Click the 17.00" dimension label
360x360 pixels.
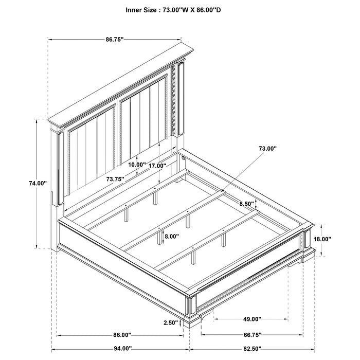[157, 166]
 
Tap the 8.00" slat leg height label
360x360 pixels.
[172, 237]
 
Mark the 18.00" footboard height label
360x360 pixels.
[322, 239]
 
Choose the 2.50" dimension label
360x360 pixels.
[170, 323]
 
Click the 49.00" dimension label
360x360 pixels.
[252, 319]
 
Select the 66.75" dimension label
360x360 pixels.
[252, 335]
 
